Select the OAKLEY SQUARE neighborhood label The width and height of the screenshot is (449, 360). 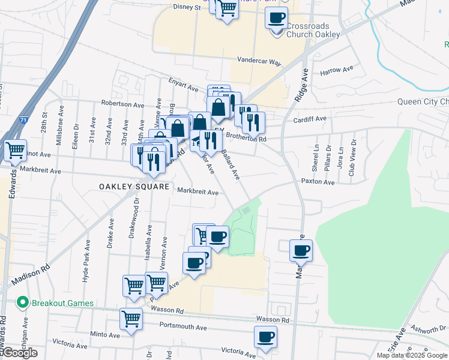[134, 187]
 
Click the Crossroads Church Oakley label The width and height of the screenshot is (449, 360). [313, 30]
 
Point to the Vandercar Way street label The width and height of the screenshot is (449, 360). [259, 61]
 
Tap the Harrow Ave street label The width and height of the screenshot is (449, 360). [337, 71]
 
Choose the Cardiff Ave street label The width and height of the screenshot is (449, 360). [310, 119]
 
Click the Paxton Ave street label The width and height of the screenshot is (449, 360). [318, 181]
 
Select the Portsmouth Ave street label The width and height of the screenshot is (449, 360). [183, 328]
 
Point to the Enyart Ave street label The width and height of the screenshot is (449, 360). [183, 88]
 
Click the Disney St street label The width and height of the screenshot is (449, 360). [186, 7]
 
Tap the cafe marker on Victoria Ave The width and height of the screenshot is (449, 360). [265, 337]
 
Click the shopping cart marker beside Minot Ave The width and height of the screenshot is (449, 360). [16, 150]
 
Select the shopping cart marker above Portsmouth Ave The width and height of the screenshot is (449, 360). [131, 319]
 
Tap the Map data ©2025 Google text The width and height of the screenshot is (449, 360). [412, 355]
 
